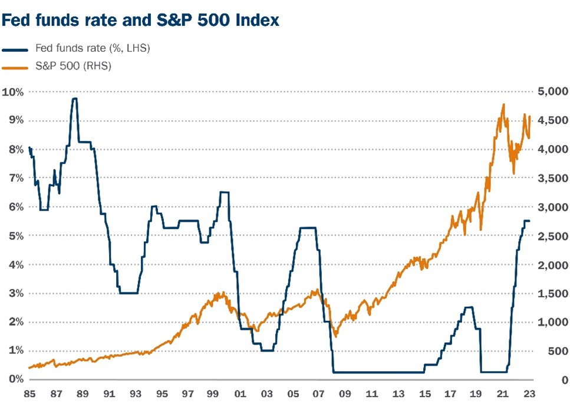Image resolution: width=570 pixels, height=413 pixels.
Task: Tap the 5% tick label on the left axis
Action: click(12, 235)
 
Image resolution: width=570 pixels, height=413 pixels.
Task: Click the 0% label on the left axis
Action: click(12, 379)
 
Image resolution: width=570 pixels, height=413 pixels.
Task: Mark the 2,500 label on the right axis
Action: click(552, 236)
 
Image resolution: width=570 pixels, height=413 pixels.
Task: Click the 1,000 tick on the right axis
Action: click(552, 322)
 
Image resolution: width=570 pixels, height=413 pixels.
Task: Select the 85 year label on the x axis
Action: click(29, 392)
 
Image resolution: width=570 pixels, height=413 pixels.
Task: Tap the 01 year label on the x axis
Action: click(240, 392)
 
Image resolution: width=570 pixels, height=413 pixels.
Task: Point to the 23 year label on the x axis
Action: click(529, 392)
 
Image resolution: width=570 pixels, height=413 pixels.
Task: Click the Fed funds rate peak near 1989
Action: click(74, 99)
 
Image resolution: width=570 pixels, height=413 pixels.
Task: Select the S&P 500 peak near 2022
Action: click(503, 104)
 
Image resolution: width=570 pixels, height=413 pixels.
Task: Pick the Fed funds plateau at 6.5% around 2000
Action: click(224, 192)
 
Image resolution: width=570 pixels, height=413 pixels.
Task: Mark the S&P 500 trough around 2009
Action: click(335, 336)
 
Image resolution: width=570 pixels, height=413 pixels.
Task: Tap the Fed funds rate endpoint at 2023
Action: click(529, 221)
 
